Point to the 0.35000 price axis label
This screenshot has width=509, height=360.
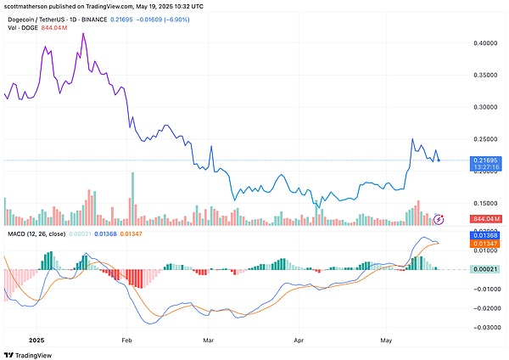pos(486,76)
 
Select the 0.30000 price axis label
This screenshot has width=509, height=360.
pos(486,108)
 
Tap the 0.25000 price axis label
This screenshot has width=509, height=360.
pos(486,139)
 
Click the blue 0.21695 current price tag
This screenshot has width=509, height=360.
pos(486,160)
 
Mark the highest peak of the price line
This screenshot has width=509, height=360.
pos(83,34)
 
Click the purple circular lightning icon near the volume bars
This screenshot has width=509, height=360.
pos(439,219)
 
